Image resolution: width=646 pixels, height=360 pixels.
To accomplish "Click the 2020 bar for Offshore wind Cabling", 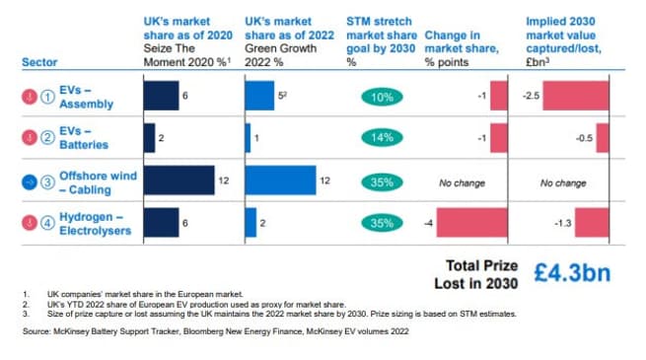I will tap(179, 181).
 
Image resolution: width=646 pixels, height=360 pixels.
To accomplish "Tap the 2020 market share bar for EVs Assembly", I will tap(161, 97).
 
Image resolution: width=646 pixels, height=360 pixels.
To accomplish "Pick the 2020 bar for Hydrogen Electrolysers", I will tap(161, 223).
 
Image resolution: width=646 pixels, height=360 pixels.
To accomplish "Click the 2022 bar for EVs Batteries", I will tap(247, 138).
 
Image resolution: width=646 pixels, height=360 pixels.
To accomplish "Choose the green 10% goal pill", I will tap(382, 98).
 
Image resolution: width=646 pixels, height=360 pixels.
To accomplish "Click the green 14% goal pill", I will tap(382, 139).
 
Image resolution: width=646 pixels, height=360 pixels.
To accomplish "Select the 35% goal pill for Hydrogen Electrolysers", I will tap(382, 224).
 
